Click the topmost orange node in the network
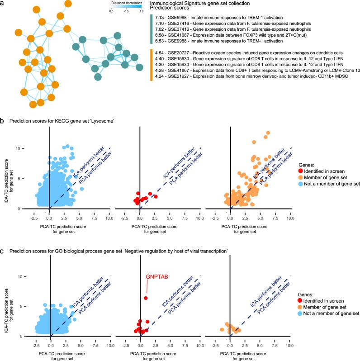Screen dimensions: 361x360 click(x=69, y=4)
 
